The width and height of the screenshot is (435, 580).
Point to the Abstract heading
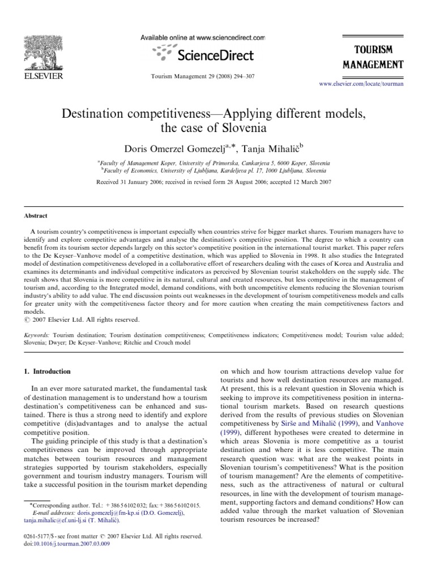coord(35,216)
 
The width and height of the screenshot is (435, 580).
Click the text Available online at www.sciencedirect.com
coord(202,37)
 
